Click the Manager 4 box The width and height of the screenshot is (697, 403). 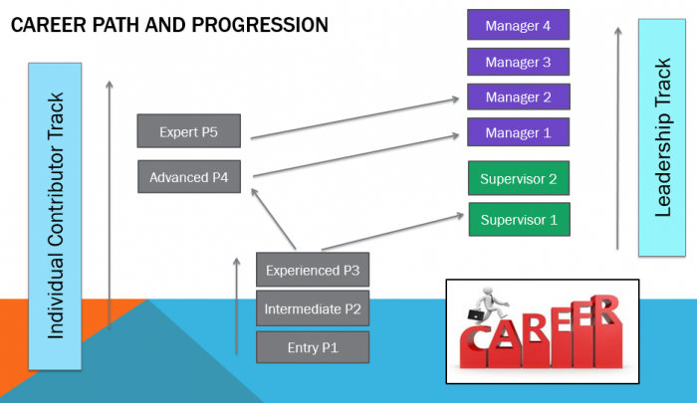(519, 25)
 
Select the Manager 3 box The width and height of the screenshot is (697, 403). (519, 62)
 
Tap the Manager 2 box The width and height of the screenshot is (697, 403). (519, 97)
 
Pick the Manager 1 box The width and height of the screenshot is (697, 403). (519, 132)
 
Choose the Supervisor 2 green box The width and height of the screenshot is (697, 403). (519, 178)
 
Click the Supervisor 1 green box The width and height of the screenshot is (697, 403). (519, 220)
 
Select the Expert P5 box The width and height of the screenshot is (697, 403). (189, 131)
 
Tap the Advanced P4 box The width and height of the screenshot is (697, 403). (189, 177)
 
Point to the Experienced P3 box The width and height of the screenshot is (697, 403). (313, 270)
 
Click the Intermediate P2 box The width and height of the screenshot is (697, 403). (313, 308)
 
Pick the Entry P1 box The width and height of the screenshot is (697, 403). (313, 347)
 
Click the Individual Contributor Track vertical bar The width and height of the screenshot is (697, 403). (55, 216)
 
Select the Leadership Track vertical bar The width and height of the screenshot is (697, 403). (662, 137)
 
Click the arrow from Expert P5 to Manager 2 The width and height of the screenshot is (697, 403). (354, 118)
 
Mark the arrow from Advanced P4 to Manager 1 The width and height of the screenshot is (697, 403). (355, 155)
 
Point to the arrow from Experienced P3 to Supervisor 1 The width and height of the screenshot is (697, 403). (392, 232)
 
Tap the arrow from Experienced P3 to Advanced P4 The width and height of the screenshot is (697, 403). (274, 219)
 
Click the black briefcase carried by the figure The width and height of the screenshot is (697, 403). (475, 314)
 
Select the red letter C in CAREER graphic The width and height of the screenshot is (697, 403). (473, 345)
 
